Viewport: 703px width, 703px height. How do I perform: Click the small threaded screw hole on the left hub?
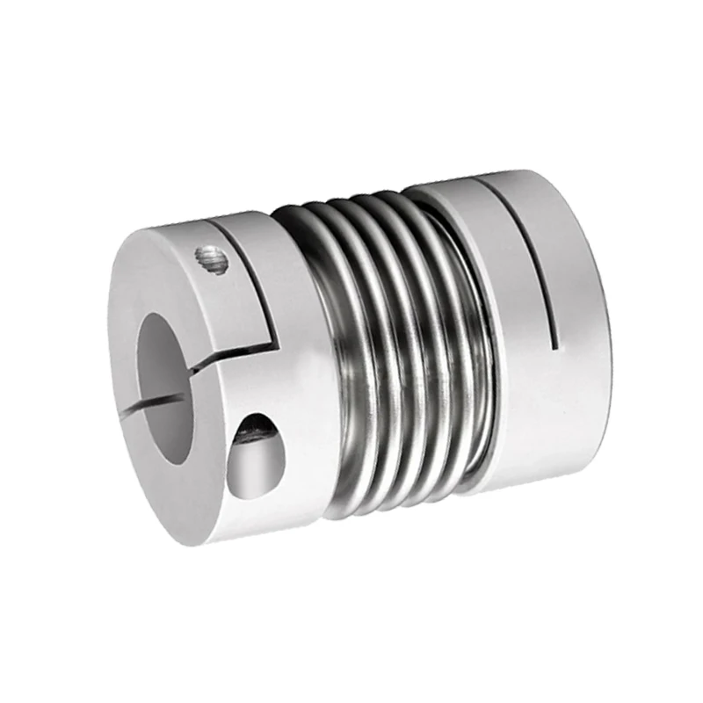pyautogui.click(x=211, y=261)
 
